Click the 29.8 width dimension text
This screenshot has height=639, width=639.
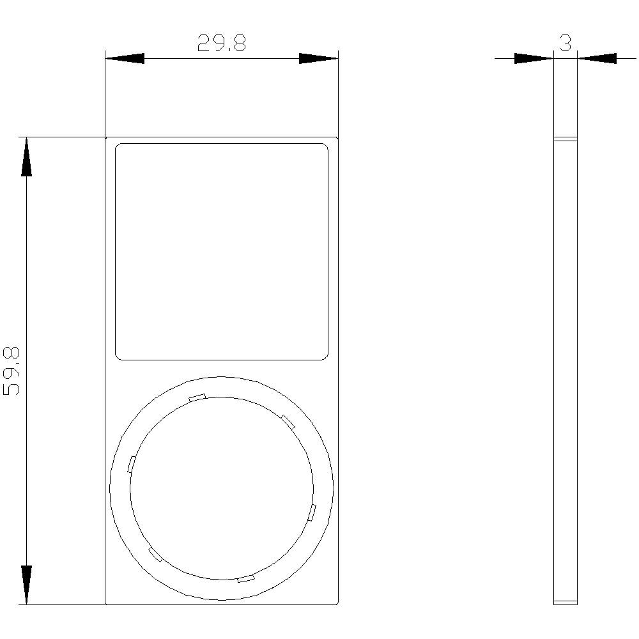tap(221, 43)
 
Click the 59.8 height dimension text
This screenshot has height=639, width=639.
tap(12, 371)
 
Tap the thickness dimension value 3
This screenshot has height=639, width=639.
tap(565, 43)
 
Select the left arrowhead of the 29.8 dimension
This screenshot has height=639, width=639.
tap(125, 59)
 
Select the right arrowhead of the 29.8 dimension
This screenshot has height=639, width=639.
tap(318, 59)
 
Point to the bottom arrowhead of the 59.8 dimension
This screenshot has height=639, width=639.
tap(26, 584)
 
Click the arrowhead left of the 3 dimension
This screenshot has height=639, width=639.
tap(534, 59)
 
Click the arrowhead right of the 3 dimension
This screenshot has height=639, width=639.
tap(597, 59)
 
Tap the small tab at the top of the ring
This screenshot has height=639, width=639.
tap(197, 397)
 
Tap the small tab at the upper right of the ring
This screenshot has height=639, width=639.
tap(288, 421)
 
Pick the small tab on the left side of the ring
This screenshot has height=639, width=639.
tap(132, 464)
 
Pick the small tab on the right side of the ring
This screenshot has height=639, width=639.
tap(312, 512)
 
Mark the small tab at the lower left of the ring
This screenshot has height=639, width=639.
tap(155, 554)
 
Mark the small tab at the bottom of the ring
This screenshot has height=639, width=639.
tap(246, 579)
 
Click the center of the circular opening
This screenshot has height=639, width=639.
tap(222, 488)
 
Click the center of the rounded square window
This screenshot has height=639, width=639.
tap(222, 252)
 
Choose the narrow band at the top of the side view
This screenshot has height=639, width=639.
tap(566, 139)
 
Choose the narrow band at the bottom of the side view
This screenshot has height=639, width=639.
tap(566, 602)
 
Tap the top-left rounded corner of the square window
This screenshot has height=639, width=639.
tap(118, 146)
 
